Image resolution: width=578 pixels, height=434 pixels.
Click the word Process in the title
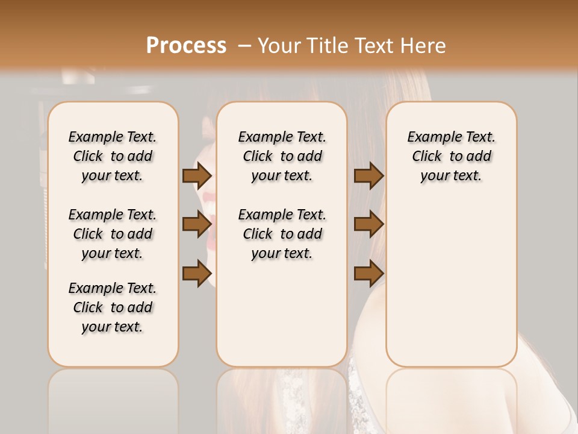(x=186, y=45)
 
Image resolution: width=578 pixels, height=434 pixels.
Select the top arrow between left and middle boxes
(x=196, y=175)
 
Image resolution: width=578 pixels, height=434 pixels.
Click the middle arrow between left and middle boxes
(x=196, y=224)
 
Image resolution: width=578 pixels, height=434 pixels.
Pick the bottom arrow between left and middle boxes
(x=196, y=273)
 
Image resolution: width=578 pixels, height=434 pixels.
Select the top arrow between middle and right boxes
(x=368, y=175)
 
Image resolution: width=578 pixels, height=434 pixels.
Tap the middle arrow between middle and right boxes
(x=368, y=224)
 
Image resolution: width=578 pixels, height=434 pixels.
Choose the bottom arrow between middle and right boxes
(x=368, y=273)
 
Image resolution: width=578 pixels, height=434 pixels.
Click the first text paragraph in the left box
(x=113, y=156)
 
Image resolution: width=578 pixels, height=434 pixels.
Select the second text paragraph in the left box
(x=113, y=234)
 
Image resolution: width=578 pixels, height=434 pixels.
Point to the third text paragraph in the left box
(x=113, y=307)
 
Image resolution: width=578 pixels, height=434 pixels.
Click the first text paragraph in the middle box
(x=282, y=156)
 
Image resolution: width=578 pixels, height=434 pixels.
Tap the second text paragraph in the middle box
(x=282, y=234)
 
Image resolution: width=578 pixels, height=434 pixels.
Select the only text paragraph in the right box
(x=451, y=156)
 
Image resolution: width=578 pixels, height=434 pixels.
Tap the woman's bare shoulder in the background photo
(x=542, y=338)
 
